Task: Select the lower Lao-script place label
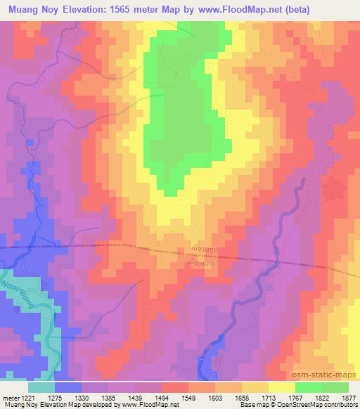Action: tap(205, 263)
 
